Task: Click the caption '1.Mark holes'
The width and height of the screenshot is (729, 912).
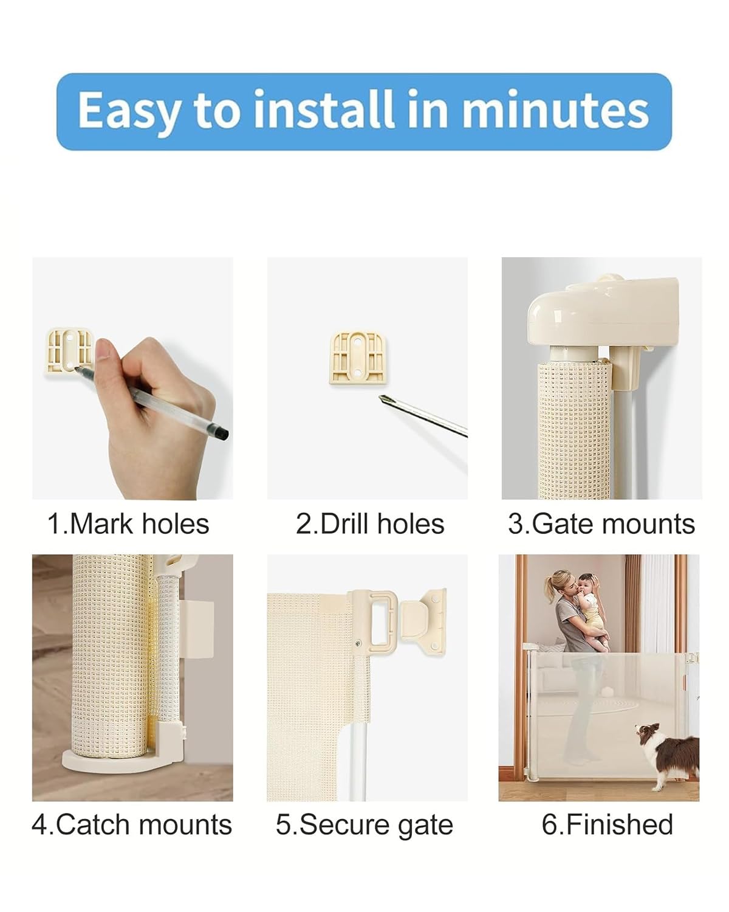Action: pos(128,524)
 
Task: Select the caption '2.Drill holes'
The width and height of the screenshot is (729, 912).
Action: pos(370,524)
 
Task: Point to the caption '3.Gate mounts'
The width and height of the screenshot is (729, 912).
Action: pos(601,524)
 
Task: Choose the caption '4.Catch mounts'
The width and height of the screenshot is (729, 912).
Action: pos(132,825)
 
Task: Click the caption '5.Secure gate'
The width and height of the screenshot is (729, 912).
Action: pos(364,825)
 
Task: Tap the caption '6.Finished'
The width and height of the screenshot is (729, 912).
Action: pos(607,825)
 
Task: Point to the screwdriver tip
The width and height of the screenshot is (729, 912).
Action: pos(384,399)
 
